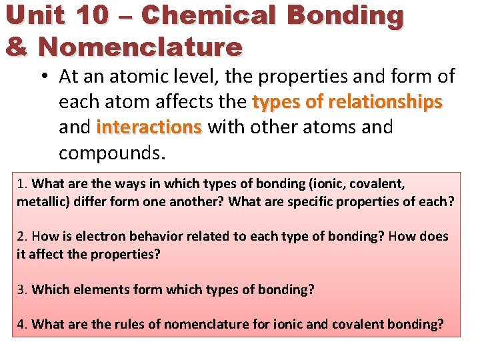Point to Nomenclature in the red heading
(140, 47)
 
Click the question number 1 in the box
(21, 183)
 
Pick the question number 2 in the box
(21, 237)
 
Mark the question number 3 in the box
(21, 289)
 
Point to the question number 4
(21, 325)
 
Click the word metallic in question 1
(39, 201)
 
